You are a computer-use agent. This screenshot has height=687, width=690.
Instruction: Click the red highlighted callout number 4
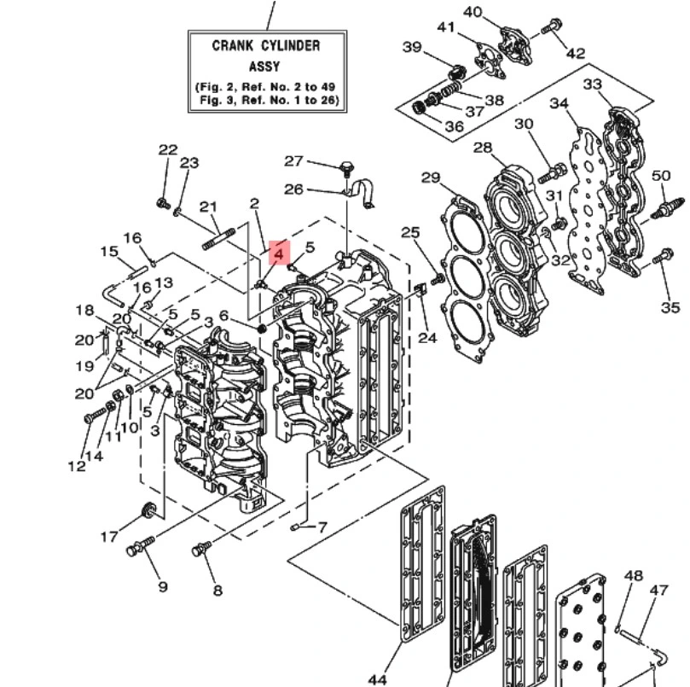coord(279,253)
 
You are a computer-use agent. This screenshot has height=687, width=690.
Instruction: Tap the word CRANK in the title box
coord(232,46)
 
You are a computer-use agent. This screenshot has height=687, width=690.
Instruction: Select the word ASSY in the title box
coord(264,67)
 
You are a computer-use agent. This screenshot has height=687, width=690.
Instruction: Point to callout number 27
coord(293,161)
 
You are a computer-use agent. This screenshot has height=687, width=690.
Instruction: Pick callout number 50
coord(660,176)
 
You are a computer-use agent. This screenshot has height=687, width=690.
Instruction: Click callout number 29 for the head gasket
coord(431,178)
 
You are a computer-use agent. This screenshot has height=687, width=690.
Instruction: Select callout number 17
coord(109,537)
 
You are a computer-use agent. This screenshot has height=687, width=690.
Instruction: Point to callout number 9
coord(163,586)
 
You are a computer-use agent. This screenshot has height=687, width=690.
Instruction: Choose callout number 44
coord(377,679)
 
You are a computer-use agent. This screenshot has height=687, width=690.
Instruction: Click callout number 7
coord(322,527)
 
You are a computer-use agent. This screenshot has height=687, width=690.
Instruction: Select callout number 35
coord(670,307)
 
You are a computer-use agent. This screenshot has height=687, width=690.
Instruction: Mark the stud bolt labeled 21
coord(218,238)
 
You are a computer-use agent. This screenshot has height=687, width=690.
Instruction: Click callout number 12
coord(77,466)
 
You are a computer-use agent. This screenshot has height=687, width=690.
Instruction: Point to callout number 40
coord(473,12)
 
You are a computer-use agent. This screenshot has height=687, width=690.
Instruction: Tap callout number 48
coord(634,575)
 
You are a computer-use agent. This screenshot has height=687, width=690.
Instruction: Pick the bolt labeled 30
coord(552,172)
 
